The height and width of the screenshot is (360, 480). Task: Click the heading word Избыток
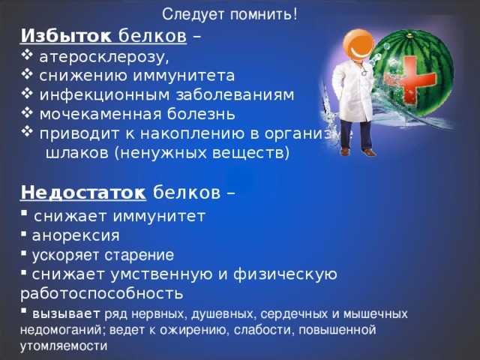pyautogui.click(x=66, y=36)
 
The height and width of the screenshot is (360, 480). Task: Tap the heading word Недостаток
pyautogui.click(x=83, y=193)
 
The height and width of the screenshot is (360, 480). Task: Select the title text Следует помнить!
pyautogui.click(x=229, y=14)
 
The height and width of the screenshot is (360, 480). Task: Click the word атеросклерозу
pyautogui.click(x=104, y=57)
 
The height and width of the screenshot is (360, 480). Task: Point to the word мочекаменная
pyautogui.click(x=100, y=114)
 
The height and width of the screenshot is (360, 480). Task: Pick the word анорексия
pyautogui.click(x=76, y=235)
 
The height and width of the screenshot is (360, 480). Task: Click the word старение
pyautogui.click(x=139, y=255)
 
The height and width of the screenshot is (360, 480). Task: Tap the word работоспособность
pyautogui.click(x=102, y=294)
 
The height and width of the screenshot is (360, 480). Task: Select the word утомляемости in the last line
pyautogui.click(x=64, y=346)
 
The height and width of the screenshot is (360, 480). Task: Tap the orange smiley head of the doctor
pyautogui.click(x=358, y=45)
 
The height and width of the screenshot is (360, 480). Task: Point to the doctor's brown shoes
pyautogui.click(x=358, y=151)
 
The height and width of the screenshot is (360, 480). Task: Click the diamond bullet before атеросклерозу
pyautogui.click(x=27, y=55)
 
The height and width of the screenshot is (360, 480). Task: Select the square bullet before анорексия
pyautogui.click(x=23, y=234)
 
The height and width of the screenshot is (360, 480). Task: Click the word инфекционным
pyautogui.click(x=104, y=95)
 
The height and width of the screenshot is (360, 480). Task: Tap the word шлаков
pyautogui.click(x=76, y=153)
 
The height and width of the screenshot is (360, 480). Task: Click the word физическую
pyautogui.click(x=285, y=274)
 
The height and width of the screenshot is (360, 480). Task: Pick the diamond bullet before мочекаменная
pyautogui.click(x=27, y=112)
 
